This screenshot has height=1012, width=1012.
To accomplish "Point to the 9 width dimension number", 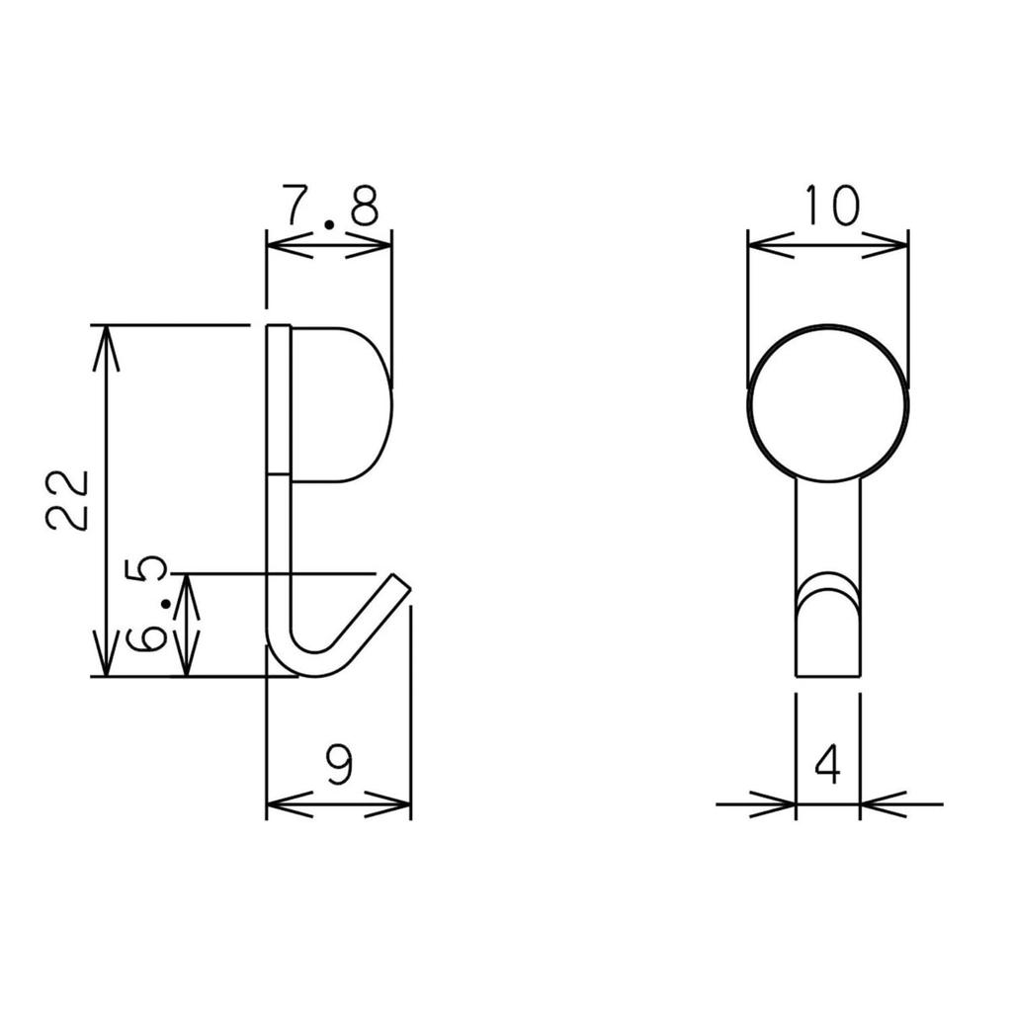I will pyautogui.click(x=339, y=764).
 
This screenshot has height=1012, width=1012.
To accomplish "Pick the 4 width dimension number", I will pyautogui.click(x=828, y=764).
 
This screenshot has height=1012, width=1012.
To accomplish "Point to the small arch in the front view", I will pyautogui.click(x=828, y=591).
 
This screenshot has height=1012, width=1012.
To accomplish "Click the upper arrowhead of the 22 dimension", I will pyautogui.click(x=107, y=342).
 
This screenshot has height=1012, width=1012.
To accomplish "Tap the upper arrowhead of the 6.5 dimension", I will pyautogui.click(x=186, y=589).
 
